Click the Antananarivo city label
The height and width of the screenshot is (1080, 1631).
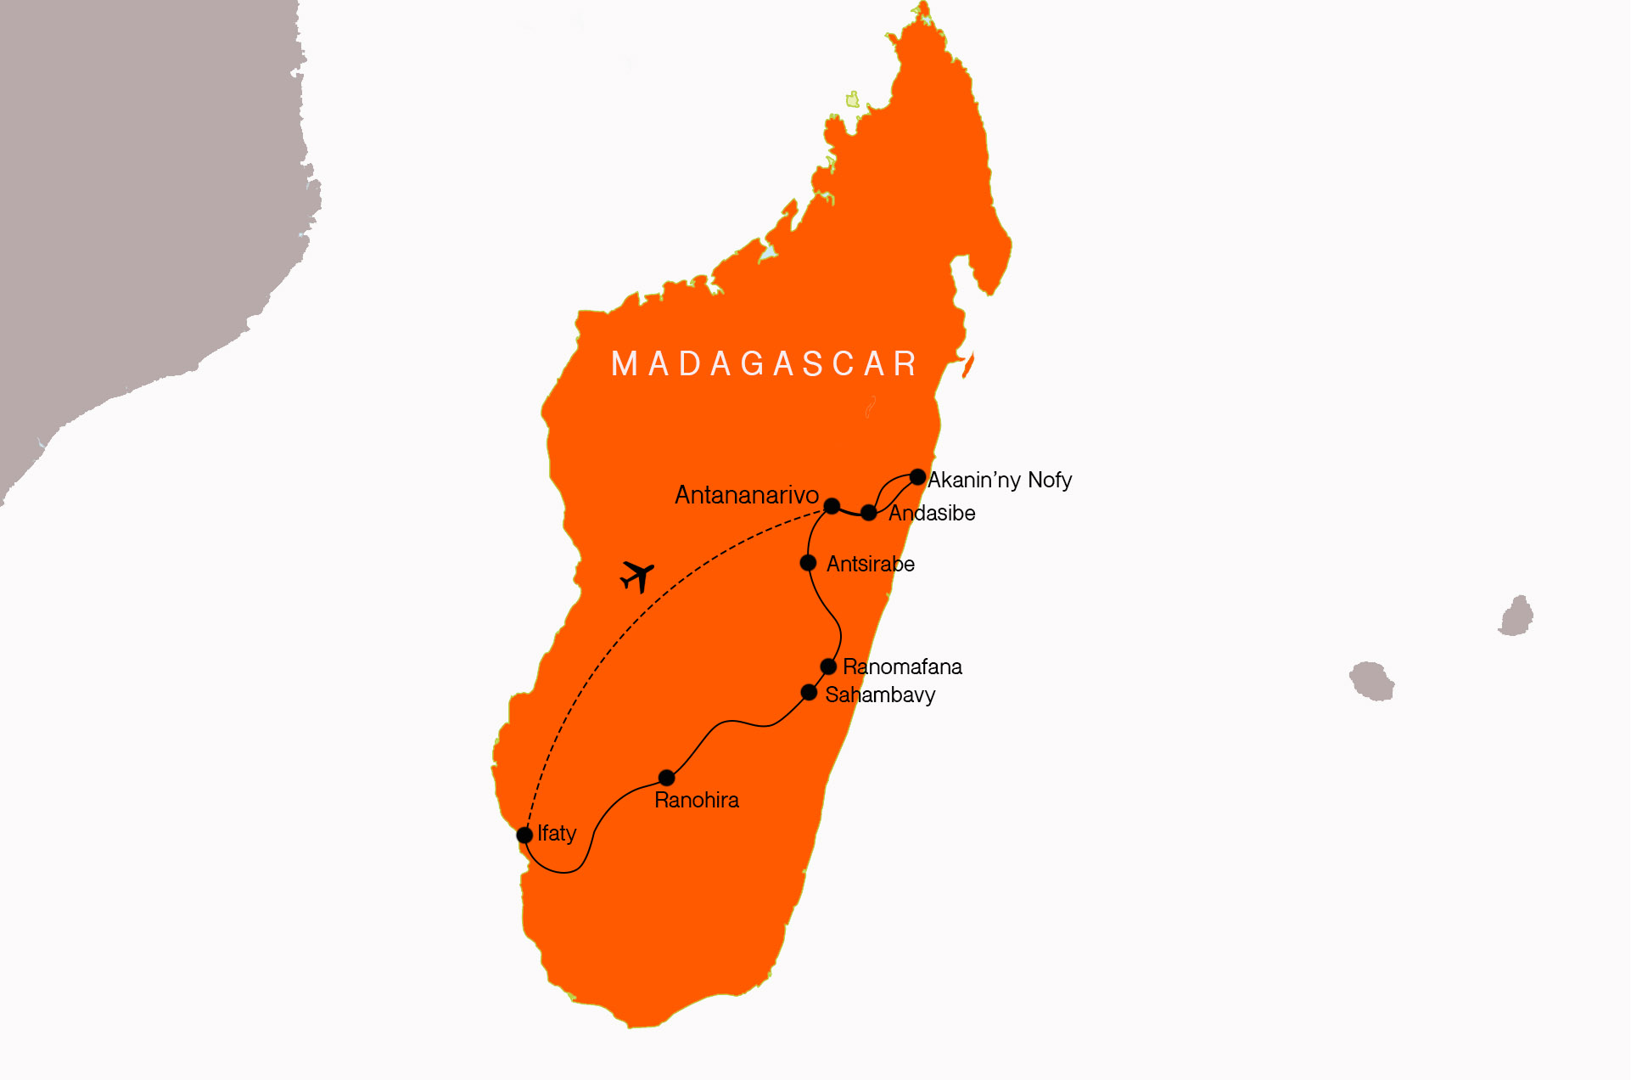coord(746,495)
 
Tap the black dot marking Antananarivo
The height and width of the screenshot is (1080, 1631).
coord(832,506)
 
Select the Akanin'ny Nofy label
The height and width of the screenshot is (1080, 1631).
coord(1000,481)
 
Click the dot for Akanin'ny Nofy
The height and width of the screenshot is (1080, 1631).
coord(917,477)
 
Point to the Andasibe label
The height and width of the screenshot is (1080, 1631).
coord(932,513)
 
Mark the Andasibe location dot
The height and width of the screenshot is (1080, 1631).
coord(868,513)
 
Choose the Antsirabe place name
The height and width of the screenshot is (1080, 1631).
coord(870,565)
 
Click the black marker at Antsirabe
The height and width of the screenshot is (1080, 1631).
coord(808,563)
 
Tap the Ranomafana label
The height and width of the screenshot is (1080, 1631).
coord(902,667)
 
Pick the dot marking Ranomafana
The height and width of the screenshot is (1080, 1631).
coord(828,667)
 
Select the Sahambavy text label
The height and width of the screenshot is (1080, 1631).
coord(880,695)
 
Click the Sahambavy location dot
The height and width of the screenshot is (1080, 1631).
coord(809,693)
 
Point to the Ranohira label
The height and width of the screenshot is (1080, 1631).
coord(697,800)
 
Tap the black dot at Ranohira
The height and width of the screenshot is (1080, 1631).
coord(667,778)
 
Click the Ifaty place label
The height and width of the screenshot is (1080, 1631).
coord(557,834)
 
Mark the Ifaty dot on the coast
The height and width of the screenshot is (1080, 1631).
coord(524,835)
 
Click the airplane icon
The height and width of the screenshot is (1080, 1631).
coord(637,577)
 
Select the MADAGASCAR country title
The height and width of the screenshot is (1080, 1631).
coord(765,364)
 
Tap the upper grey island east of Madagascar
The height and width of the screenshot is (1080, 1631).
coord(1516,616)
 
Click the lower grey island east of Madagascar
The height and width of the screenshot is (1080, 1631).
coord(1372,681)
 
